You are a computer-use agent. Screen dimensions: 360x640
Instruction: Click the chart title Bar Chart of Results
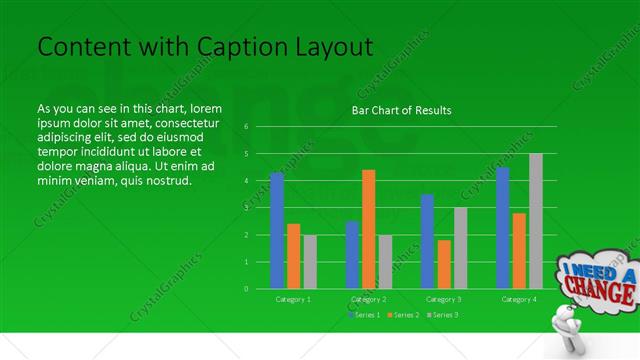pyautogui.click(x=401, y=110)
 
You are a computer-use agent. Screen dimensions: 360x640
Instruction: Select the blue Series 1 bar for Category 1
pyautogui.click(x=277, y=230)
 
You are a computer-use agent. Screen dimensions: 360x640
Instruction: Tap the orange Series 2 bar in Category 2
pyautogui.click(x=369, y=229)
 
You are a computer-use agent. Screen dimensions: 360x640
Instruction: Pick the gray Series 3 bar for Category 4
pyautogui.click(x=536, y=221)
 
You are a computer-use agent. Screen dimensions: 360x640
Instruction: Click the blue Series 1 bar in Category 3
pyautogui.click(x=428, y=241)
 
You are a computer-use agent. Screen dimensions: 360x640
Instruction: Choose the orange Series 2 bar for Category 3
pyautogui.click(x=444, y=264)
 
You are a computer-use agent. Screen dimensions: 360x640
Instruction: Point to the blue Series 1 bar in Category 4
pyautogui.click(x=503, y=228)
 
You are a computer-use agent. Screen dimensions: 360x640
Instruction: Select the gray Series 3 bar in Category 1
pyautogui.click(x=310, y=261)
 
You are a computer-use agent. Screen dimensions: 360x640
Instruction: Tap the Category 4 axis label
pyautogui.click(x=519, y=299)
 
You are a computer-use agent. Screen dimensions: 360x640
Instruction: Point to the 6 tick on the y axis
pyautogui.click(x=246, y=127)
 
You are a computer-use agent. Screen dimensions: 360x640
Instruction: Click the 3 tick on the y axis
pyautogui.click(x=246, y=208)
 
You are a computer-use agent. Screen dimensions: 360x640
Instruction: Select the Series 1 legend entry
pyautogui.click(x=364, y=315)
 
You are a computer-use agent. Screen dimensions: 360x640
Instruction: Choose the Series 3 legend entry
pyautogui.click(x=442, y=315)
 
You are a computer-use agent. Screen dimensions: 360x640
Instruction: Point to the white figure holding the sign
pyautogui.click(x=569, y=330)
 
